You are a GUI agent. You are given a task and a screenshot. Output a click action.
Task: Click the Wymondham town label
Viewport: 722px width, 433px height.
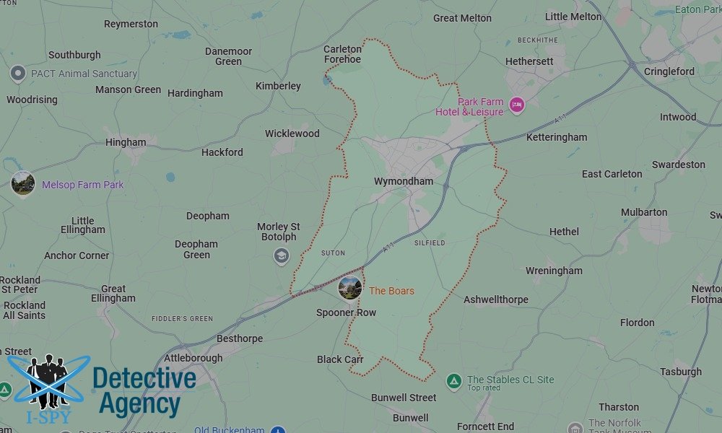coord(404,181)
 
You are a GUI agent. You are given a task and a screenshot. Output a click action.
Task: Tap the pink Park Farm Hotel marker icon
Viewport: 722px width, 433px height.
coord(516,105)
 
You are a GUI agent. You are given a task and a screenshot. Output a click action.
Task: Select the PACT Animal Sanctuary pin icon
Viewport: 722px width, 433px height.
coord(18,74)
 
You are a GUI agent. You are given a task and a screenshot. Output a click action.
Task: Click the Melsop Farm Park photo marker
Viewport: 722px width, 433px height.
coord(23,183)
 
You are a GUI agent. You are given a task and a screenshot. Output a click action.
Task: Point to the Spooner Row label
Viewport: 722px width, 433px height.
coord(346,312)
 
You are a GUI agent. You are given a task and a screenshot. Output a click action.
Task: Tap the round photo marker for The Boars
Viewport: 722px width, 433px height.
coord(350,288)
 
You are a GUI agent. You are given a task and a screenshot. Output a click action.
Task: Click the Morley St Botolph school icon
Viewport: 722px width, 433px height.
coord(281,255)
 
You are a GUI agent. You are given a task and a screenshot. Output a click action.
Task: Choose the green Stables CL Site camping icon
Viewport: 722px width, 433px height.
coord(453,381)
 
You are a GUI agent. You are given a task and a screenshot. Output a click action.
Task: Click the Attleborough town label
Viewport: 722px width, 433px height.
coord(193,358)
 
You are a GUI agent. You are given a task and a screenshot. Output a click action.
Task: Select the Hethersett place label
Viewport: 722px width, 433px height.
coord(529,61)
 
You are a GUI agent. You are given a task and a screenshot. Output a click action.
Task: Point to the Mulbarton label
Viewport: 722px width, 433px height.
coord(644,212)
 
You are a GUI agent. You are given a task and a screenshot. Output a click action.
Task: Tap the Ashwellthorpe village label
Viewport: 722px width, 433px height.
coord(496,299)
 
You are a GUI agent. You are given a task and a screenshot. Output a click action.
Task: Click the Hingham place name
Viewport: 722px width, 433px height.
coord(126,142)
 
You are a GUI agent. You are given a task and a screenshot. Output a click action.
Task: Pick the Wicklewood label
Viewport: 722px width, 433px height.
coord(292,134)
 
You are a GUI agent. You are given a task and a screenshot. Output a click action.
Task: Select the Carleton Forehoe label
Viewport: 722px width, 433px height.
coord(342,54)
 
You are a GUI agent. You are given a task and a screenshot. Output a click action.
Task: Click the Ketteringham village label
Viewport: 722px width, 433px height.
coord(557,137)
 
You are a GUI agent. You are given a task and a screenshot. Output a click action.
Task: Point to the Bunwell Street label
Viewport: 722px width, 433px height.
coord(404,398)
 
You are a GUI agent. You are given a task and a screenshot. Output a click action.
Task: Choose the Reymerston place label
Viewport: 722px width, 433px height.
coord(131,24)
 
